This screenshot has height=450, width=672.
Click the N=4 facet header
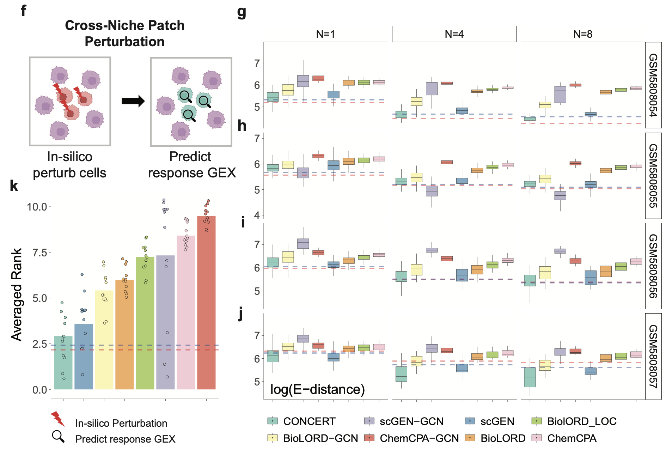click(454, 34)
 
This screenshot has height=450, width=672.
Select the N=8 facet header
click(582, 34)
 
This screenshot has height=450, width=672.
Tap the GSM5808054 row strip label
click(653, 85)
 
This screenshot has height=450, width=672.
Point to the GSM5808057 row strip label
click(653, 356)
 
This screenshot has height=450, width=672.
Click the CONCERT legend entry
click(301, 421)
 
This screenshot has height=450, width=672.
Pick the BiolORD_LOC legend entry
click(574, 421)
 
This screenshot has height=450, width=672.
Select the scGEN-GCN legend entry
click(404, 421)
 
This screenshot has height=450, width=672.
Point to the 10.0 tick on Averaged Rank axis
click(37, 207)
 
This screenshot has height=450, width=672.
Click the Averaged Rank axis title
click(17, 294)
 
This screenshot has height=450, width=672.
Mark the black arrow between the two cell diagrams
click(133, 101)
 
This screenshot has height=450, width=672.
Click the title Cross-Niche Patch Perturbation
click(125, 34)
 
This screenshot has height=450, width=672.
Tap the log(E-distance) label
click(317, 389)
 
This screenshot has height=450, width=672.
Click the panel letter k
click(14, 186)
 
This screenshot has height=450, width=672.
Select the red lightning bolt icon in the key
click(58, 419)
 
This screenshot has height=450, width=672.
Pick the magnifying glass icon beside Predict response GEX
click(58, 437)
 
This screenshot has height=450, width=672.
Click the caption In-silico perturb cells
click(69, 165)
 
